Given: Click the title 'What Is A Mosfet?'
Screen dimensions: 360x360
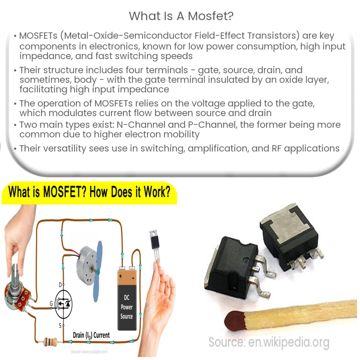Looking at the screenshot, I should [180, 15].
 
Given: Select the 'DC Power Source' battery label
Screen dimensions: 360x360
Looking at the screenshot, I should [127, 307].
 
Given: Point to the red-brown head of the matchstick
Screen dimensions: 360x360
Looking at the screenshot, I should [234, 320].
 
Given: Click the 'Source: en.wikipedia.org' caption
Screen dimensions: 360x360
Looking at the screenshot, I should [269, 341].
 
